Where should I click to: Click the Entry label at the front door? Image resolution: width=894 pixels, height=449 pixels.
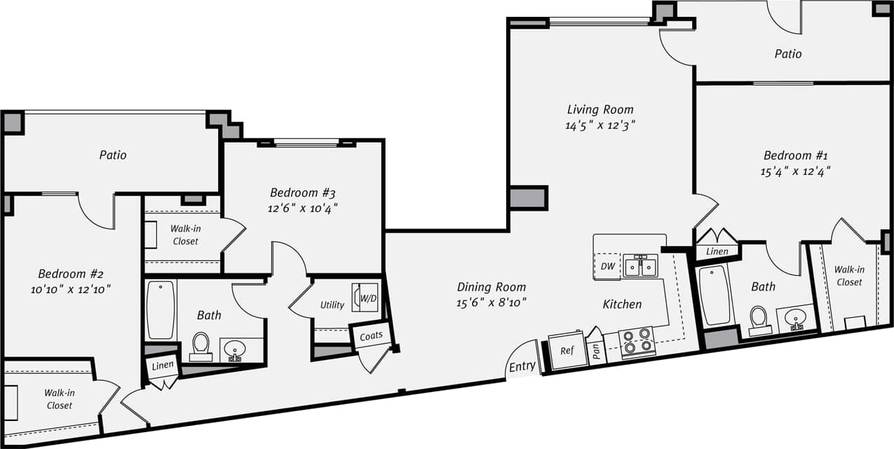point(522,366)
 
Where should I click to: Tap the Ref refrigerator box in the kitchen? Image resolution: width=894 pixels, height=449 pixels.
point(567,350)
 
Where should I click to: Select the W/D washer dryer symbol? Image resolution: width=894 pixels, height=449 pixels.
point(365,297)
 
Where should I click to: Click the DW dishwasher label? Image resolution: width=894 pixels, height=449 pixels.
point(607,266)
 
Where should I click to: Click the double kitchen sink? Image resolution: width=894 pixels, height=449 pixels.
point(641,266)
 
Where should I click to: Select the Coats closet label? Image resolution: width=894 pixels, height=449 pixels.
point(371,335)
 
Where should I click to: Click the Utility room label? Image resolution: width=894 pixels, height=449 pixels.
point(332,304)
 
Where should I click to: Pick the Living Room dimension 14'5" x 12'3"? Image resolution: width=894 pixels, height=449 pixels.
point(600,125)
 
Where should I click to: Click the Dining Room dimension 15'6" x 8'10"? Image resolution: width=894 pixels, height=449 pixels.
point(491,302)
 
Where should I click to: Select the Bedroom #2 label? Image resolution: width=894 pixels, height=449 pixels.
point(71,274)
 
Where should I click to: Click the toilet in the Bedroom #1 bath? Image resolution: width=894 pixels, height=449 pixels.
point(759,320)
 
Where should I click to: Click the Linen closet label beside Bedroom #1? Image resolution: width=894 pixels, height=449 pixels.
point(717,251)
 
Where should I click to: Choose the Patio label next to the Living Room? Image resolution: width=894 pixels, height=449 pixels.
point(787,54)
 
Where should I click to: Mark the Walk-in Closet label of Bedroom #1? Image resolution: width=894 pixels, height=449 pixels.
point(848,276)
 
